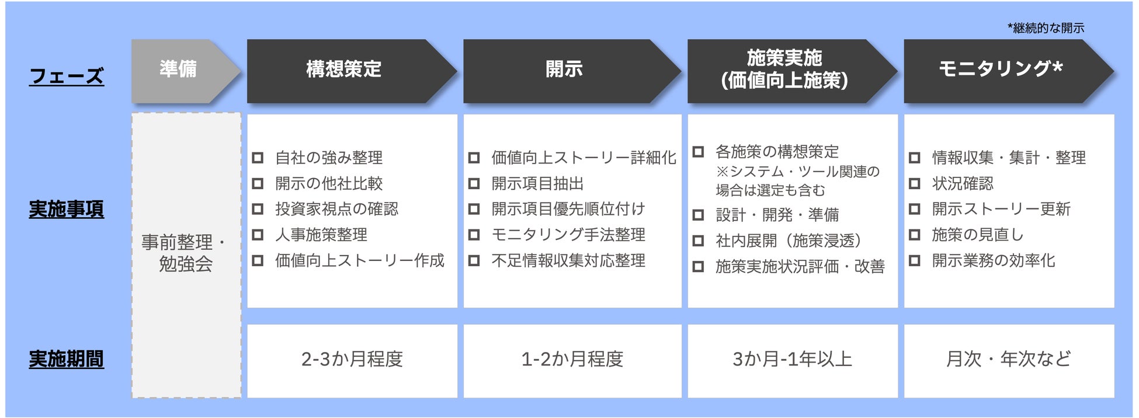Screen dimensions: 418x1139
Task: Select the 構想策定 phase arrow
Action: pyautogui.click(x=344, y=70)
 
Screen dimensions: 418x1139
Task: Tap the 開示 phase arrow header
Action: pyautogui.click(x=564, y=70)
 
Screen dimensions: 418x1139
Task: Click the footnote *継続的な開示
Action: pyautogui.click(x=1046, y=28)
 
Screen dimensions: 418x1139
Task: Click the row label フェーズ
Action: pyautogui.click(x=67, y=76)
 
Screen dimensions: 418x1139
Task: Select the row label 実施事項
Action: pyautogui.click(x=67, y=209)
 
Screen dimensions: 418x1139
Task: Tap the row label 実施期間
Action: pyautogui.click(x=67, y=359)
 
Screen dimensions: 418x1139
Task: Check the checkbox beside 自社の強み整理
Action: pyautogui.click(x=258, y=158)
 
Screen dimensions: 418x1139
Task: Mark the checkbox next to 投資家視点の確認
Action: pyautogui.click(x=258, y=209)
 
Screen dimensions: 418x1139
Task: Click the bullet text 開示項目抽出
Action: pyautogui.click(x=537, y=183)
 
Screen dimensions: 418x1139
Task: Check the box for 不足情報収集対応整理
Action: pyautogui.click(x=474, y=260)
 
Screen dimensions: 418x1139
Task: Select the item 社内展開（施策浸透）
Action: pyautogui.click(x=789, y=241)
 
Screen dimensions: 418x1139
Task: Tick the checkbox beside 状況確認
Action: pyautogui.click(x=915, y=183)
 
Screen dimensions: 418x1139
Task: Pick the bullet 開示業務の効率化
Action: pyautogui.click(x=994, y=260)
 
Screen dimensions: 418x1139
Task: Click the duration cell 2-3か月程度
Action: pyautogui.click(x=352, y=359)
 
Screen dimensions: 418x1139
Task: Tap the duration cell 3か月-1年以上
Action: pyautogui.click(x=793, y=359)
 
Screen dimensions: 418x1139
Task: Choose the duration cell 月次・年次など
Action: pyautogui.click(x=1009, y=359)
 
